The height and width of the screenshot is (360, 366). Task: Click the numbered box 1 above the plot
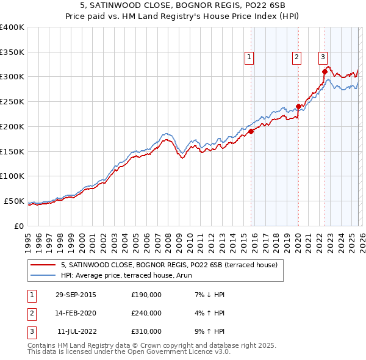click(249, 57)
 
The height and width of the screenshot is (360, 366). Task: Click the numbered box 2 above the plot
click(296, 57)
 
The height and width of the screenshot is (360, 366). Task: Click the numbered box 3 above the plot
click(322, 57)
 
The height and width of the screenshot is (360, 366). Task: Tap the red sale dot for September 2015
click(251, 131)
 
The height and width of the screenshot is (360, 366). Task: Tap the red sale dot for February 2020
click(298, 106)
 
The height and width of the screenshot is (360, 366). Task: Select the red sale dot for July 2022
click(325, 71)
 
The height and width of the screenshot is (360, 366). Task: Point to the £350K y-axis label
click(12, 52)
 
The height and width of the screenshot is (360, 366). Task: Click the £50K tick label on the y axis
click(13, 201)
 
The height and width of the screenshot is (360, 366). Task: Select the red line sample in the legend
click(43, 265)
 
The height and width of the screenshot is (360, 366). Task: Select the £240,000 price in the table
click(146, 313)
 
